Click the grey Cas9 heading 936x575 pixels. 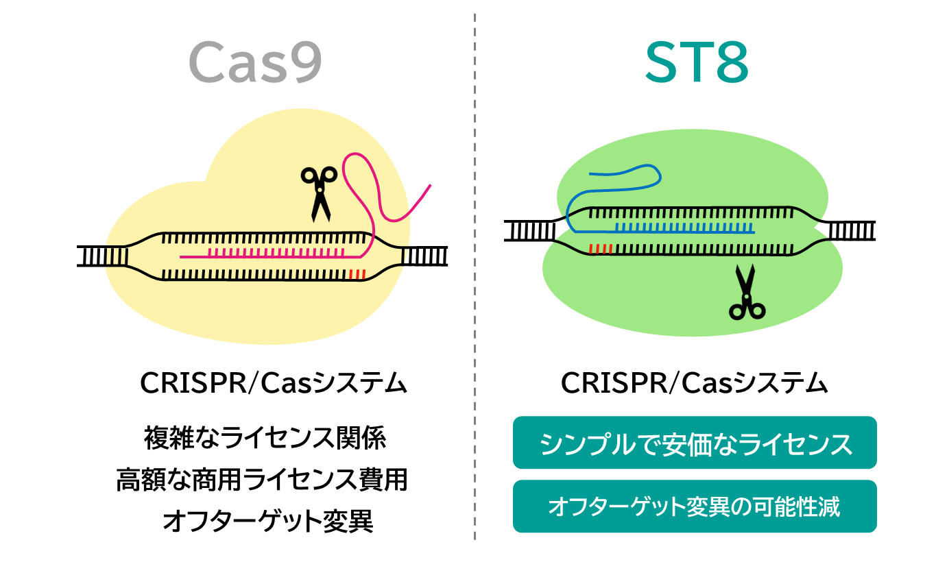255,62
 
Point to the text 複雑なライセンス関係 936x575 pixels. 265,438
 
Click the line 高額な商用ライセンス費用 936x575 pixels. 262,480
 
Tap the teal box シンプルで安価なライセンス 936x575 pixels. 695,443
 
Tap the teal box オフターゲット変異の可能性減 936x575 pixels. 695,506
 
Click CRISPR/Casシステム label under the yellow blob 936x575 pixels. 273,383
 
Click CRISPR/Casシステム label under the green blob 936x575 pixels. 694,383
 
